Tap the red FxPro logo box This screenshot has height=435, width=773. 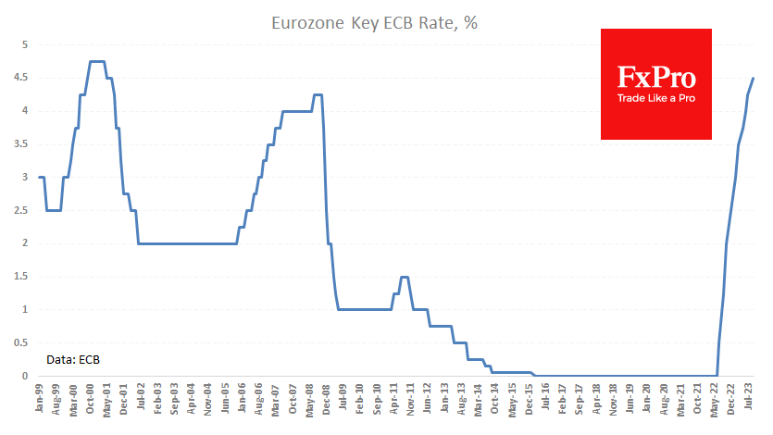(x=656, y=84)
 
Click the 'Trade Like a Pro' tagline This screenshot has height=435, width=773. (x=656, y=98)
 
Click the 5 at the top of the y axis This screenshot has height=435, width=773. (x=26, y=44)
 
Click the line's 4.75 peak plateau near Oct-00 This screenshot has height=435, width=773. (x=97, y=62)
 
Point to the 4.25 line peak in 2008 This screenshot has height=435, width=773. (x=318, y=94)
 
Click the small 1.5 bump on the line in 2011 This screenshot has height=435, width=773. (x=405, y=277)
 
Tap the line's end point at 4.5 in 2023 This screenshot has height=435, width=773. (x=754, y=78)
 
